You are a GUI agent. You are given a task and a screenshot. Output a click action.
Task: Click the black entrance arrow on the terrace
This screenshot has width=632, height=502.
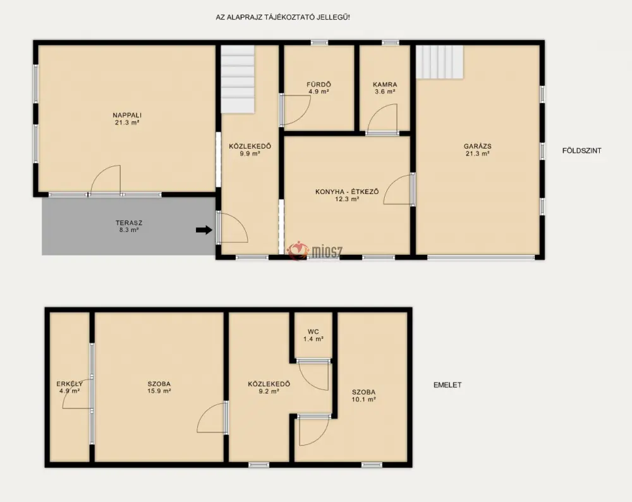204,230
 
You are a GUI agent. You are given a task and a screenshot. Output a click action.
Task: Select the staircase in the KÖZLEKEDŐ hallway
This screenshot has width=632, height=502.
238,80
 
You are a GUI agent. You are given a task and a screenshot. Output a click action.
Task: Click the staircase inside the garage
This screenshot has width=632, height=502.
440,62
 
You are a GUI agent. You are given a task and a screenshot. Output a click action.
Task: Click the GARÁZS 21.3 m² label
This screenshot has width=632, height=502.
477,150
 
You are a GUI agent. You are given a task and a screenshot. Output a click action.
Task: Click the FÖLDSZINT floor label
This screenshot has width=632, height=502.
582,151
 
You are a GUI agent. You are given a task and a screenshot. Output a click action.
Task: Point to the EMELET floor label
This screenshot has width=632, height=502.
447,385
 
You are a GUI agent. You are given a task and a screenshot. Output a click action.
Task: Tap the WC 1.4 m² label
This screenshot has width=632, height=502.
313,336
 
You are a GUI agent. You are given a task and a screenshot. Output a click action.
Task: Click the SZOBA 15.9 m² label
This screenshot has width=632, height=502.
159,388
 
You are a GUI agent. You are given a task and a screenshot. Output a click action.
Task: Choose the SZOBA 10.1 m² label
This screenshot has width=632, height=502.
364,396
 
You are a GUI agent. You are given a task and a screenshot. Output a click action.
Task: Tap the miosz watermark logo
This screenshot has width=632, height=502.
314,251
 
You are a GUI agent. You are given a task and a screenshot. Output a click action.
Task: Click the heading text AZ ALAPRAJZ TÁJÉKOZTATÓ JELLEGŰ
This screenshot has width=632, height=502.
283,17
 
